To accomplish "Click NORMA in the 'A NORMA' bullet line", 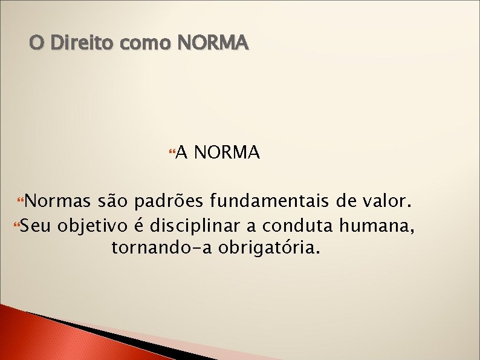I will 228,153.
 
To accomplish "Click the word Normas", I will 57,201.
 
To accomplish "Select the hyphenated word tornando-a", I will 160,248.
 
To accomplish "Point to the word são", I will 112,201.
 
